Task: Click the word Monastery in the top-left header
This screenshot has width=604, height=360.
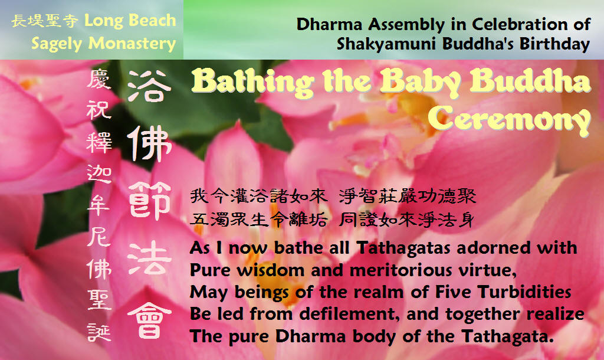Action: click(132, 43)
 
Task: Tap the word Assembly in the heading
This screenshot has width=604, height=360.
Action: click(406, 25)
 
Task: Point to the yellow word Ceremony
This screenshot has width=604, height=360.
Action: click(509, 119)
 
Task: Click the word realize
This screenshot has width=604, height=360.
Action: click(556, 314)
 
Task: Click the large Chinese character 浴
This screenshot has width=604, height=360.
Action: click(149, 86)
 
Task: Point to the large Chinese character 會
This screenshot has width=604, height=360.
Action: click(149, 319)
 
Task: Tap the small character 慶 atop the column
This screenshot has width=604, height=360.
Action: click(99, 80)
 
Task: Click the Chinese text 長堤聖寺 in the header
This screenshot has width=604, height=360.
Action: click(45, 21)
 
